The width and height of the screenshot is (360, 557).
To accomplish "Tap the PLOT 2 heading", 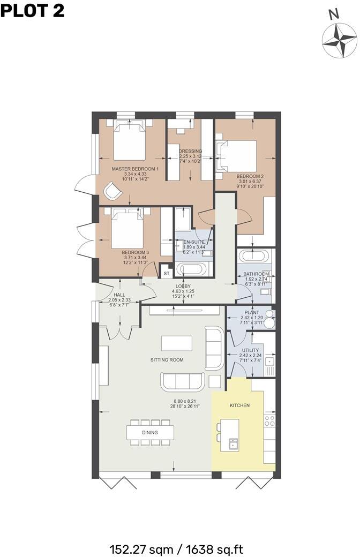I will point(33,10).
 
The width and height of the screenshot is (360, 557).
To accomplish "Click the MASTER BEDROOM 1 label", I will point(131,169).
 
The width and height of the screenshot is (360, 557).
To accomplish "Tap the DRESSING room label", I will point(190,151).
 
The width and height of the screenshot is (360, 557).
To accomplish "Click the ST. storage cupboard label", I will point(167,273).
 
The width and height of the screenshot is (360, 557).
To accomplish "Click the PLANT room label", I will point(251,312).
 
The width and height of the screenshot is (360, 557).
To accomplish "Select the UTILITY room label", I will point(250,350).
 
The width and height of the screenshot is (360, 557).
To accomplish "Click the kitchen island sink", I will point(233,443).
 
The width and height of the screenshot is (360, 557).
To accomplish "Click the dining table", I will point(151,432).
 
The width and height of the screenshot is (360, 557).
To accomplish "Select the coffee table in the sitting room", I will point(177,343).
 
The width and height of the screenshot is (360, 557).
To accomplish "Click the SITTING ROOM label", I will point(167,360).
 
